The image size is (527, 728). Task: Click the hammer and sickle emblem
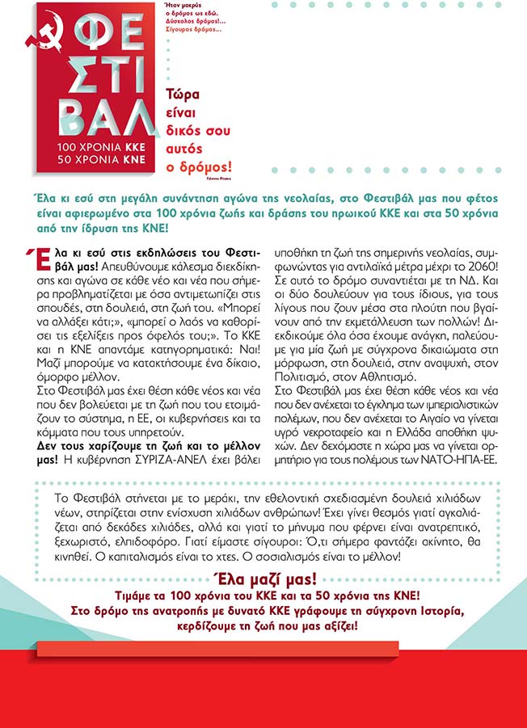point(36,32)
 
